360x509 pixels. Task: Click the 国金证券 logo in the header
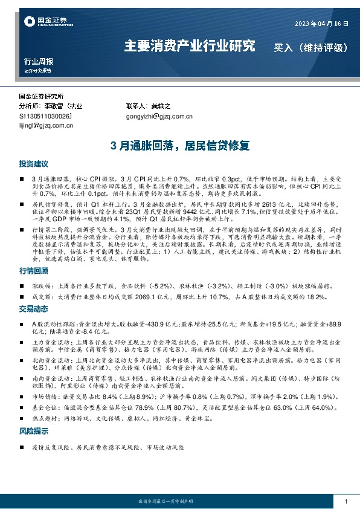pyautogui.click(x=44, y=22)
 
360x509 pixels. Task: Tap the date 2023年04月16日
pyautogui.click(x=322, y=23)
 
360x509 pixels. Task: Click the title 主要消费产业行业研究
pyautogui.click(x=189, y=46)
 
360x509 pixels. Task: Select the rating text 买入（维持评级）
pyautogui.click(x=310, y=47)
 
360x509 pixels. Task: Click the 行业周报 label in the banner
pyautogui.click(x=38, y=62)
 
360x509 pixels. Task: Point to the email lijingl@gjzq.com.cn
pyautogui.click(x=46, y=126)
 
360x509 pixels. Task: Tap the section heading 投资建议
pyautogui.click(x=33, y=164)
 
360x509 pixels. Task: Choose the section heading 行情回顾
pyautogui.click(x=33, y=272)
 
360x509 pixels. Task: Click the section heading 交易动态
pyautogui.click(x=33, y=308)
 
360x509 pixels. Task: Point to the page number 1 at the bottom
pyautogui.click(x=346, y=502)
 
